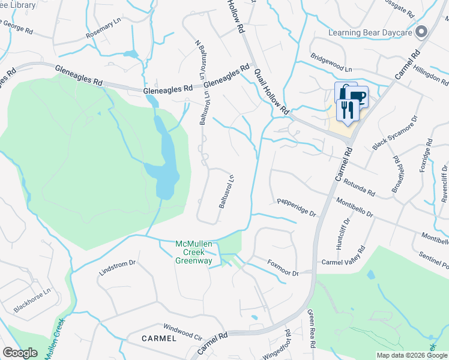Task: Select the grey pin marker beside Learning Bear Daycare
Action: (x=421, y=32)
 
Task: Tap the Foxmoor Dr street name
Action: (x=283, y=271)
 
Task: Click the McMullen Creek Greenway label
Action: (x=194, y=252)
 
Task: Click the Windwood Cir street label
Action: (x=183, y=331)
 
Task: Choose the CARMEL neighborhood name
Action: (x=158, y=338)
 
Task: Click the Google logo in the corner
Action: (x=20, y=353)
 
